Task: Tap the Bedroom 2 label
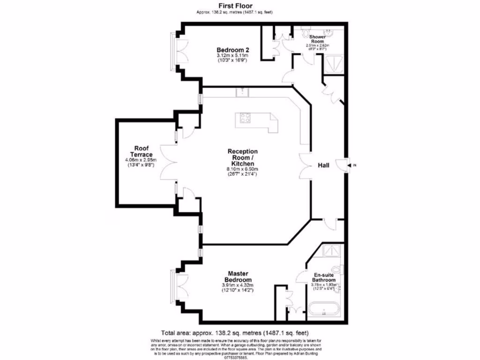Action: coord(232,50)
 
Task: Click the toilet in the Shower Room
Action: coord(307,33)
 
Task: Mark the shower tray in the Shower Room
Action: coord(334,64)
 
